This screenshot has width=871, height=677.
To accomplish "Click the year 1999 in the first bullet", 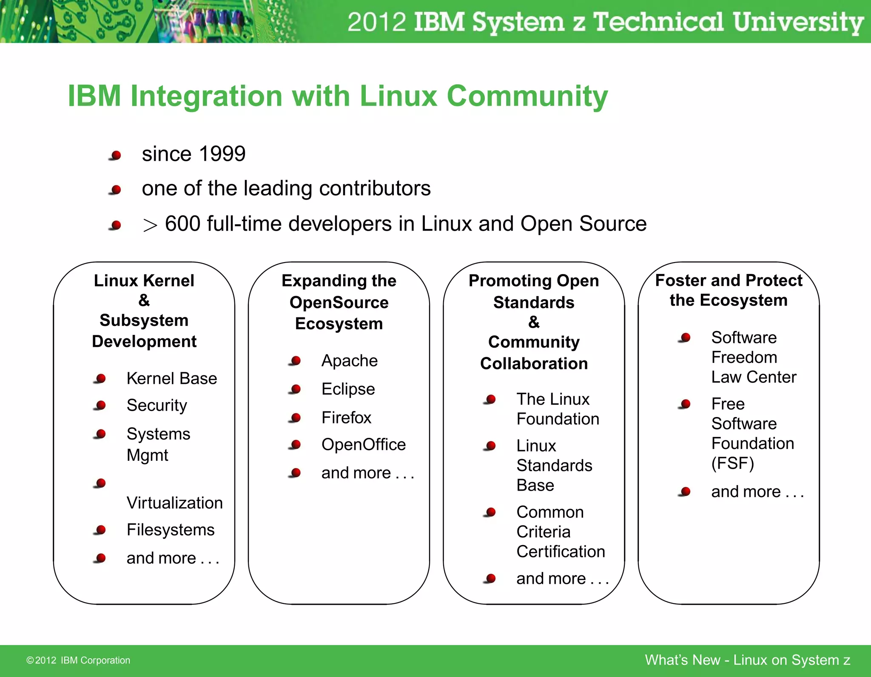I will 222,154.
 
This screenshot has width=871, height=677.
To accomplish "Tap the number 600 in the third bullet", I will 182,224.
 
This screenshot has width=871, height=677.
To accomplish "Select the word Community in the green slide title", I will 527,96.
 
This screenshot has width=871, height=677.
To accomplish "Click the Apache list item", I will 349,361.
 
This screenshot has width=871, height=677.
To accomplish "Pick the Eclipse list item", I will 348,389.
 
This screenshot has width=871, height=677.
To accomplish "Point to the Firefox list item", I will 346,418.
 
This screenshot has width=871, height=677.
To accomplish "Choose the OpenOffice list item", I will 364,445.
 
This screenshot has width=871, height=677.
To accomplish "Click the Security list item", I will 157,406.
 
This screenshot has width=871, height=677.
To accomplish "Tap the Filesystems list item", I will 171,530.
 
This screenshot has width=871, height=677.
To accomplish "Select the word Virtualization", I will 174,503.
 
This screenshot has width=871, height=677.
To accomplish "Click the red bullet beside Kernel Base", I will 101,378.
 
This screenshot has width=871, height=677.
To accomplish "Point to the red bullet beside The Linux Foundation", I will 490,399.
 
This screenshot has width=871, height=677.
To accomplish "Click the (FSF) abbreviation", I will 732,463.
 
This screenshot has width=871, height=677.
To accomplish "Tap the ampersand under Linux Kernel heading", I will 144,300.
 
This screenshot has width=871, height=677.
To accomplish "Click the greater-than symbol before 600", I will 150,225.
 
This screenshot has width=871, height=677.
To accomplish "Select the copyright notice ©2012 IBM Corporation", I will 78,660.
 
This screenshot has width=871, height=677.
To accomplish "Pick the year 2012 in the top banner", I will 377,22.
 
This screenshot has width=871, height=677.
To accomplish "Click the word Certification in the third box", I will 561,552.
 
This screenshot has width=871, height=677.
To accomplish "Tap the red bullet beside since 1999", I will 116,155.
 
